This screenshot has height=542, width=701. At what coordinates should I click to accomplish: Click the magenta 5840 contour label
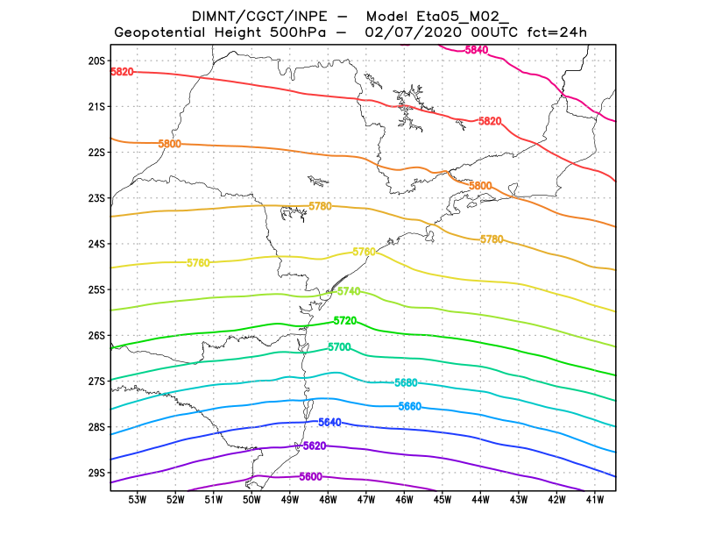click(477, 50)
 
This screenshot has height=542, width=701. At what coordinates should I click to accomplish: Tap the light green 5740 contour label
click(349, 291)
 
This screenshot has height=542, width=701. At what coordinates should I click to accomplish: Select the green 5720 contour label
click(345, 321)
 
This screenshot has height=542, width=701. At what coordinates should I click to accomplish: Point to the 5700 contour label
click(339, 348)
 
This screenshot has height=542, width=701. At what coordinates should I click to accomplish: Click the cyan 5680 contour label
click(406, 383)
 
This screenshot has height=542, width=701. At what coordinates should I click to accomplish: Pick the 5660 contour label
click(410, 406)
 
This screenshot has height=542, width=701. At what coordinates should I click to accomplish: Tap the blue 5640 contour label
click(329, 423)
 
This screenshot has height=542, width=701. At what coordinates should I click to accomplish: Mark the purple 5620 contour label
click(314, 446)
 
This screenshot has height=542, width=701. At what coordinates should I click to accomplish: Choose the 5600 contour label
click(310, 476)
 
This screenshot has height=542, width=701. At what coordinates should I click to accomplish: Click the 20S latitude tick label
click(96, 61)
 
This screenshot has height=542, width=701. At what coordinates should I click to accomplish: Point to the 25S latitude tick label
click(96, 289)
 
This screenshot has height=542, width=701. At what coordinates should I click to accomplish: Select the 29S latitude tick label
click(96, 473)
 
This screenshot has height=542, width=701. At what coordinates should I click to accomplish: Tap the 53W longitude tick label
click(138, 500)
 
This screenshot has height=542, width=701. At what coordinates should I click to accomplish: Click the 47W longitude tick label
click(366, 500)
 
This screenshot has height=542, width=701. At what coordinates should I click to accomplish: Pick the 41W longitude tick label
click(595, 500)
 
